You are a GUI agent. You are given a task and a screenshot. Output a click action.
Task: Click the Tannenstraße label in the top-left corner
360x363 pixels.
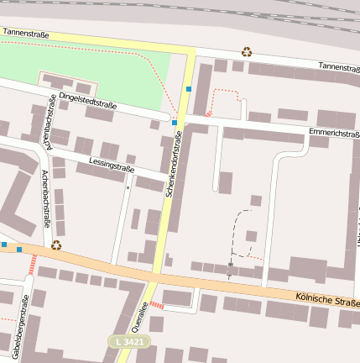[26, 33]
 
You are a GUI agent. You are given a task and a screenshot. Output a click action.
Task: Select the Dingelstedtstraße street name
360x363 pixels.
[87, 100]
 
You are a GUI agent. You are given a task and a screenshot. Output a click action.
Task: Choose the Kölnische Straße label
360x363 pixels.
[328, 299]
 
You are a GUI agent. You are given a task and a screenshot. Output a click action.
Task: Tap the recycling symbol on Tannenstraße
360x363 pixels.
[247, 52]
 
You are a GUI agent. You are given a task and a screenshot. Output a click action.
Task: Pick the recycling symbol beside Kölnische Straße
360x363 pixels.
[56, 245]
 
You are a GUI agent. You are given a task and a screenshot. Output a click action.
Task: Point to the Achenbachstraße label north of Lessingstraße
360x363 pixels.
[50, 131]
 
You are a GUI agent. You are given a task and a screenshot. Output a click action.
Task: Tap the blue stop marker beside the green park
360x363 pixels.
[190, 88]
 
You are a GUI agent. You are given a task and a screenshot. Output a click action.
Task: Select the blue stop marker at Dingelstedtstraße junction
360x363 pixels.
[175, 123]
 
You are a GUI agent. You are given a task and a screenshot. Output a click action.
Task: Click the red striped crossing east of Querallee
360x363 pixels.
[156, 305]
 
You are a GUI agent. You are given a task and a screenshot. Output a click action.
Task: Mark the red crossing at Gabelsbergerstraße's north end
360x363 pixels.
[33, 266]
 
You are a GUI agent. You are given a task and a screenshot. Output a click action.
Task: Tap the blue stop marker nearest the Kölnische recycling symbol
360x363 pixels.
[19, 250]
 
